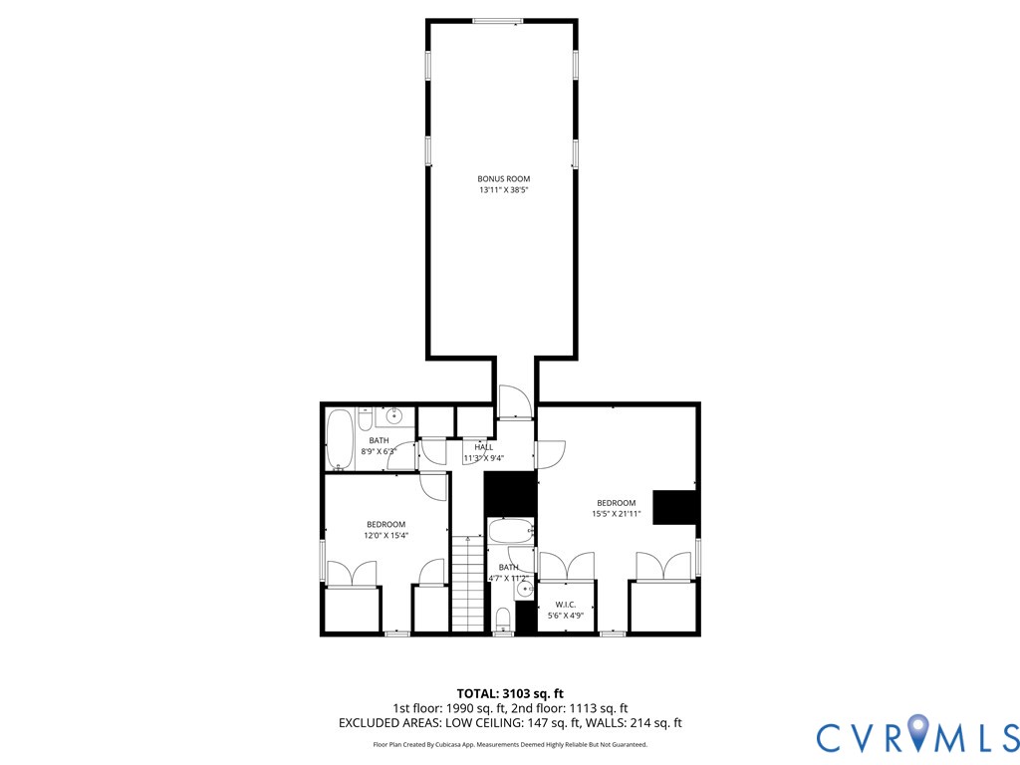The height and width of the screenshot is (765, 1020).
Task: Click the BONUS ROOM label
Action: click(503, 178)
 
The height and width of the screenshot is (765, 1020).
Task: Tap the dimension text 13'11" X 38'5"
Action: click(503, 189)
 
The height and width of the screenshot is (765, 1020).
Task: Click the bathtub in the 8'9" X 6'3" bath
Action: click(340, 439)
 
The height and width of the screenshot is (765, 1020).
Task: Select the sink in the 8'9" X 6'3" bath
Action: click(394, 417)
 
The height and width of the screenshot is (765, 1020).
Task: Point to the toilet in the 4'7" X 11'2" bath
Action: click(503, 620)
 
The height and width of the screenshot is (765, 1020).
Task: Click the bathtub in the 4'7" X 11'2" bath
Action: click(510, 531)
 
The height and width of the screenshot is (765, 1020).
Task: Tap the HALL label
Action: click(484, 447)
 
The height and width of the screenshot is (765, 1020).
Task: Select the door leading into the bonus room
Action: click(515, 403)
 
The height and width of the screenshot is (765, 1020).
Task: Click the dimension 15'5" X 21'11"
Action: click(616, 515)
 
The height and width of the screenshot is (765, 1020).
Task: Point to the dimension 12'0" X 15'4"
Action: click(385, 536)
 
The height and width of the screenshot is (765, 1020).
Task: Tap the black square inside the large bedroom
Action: click(674, 506)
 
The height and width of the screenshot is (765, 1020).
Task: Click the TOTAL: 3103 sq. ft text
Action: click(510, 693)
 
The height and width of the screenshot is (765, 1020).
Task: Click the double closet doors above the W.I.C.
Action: click(566, 566)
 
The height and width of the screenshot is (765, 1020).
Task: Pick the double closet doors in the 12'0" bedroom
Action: click(352, 575)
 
